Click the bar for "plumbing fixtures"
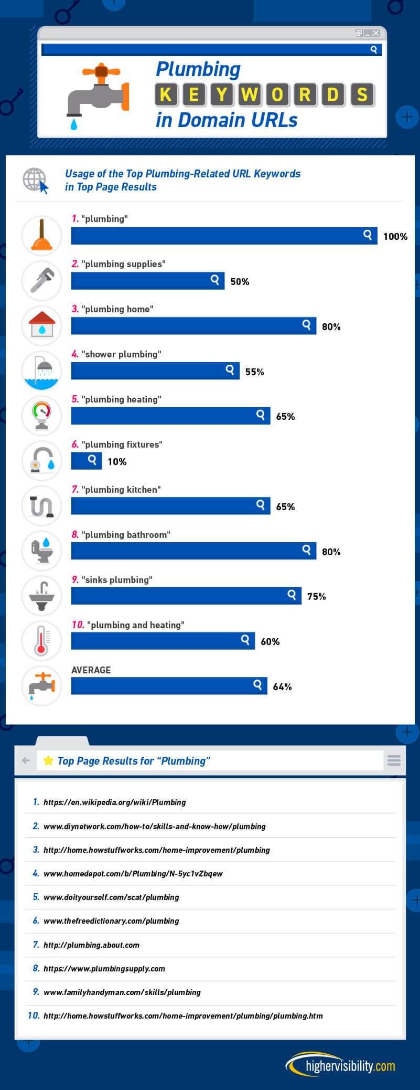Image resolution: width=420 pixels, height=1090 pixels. (x=87, y=461)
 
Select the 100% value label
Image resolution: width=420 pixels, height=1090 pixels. (x=395, y=237)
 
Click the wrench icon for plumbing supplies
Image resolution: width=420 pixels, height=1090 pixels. (x=41, y=281)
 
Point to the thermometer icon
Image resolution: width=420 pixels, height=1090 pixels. (x=41, y=641)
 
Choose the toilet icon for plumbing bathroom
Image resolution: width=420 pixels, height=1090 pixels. (x=41, y=551)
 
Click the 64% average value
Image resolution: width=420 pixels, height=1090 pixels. (x=282, y=686)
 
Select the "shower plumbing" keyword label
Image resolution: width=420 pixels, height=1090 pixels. (x=121, y=354)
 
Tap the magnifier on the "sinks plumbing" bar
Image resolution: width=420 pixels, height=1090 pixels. (x=292, y=595)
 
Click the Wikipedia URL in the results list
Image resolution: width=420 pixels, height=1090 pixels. (x=114, y=802)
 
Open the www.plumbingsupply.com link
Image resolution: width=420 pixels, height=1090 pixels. (x=104, y=968)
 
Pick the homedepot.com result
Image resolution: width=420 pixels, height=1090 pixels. (x=133, y=873)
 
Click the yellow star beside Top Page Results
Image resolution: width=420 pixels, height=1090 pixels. (x=48, y=760)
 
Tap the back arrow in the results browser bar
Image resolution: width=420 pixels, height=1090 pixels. (x=25, y=760)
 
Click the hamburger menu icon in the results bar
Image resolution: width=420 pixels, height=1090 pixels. (x=394, y=760)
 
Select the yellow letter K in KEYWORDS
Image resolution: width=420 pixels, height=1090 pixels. (x=166, y=94)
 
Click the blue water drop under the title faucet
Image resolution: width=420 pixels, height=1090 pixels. (x=74, y=124)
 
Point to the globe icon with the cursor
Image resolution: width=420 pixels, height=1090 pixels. (x=35, y=180)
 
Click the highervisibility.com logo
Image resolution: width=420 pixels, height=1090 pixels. (x=341, y=1066)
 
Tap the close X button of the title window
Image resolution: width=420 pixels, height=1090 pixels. (x=375, y=33)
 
